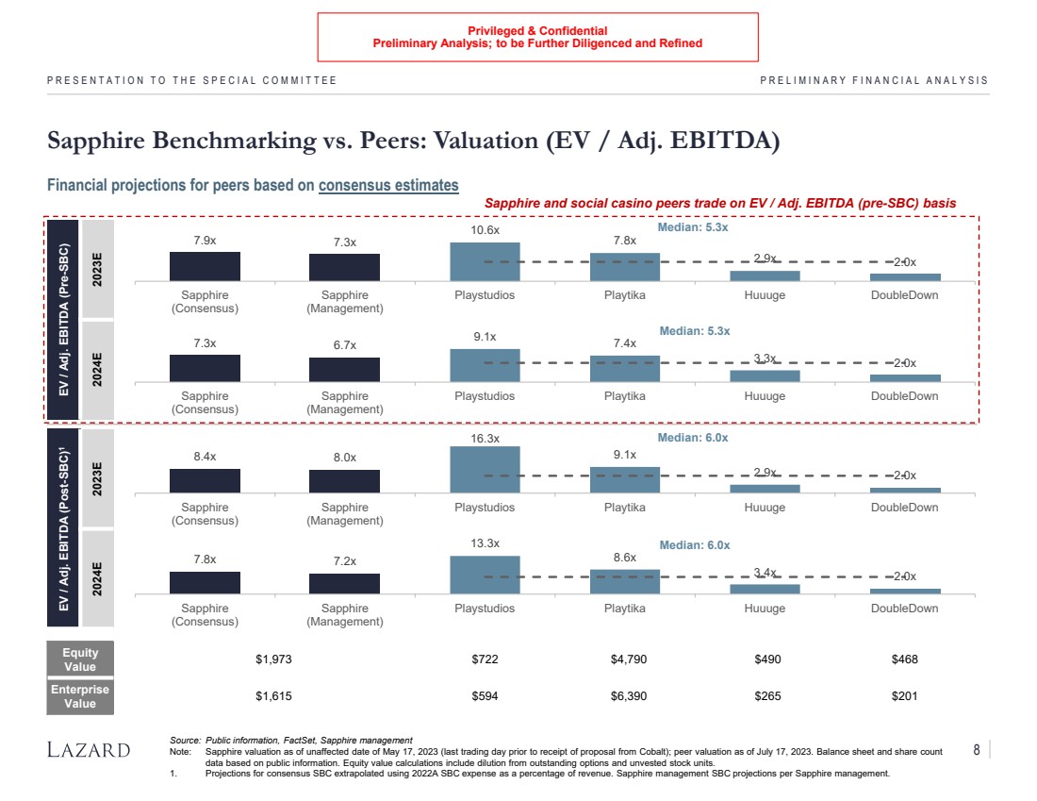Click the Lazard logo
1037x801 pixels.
(x=89, y=750)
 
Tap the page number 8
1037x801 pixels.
(x=977, y=750)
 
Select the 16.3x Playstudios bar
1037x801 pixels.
(x=485, y=469)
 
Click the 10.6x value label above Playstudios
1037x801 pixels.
(x=485, y=230)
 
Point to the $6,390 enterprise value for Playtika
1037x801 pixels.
(x=625, y=696)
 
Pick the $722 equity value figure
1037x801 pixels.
(x=485, y=659)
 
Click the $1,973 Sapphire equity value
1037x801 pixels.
(x=274, y=659)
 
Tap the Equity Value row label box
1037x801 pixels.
(x=80, y=659)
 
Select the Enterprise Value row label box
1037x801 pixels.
(x=80, y=696)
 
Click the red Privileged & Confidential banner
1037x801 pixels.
(x=537, y=37)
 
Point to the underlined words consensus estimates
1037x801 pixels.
(x=388, y=186)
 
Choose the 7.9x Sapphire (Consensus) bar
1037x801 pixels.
(x=205, y=266)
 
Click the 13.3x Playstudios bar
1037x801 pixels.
(x=485, y=575)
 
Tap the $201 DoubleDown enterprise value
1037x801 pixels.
(x=904, y=696)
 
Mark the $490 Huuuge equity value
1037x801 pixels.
(x=765, y=659)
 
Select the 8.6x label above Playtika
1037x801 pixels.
(x=625, y=559)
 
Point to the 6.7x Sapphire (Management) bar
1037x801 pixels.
(x=344, y=370)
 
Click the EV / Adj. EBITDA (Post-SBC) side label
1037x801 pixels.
(x=62, y=526)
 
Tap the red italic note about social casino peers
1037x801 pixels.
(x=719, y=203)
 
